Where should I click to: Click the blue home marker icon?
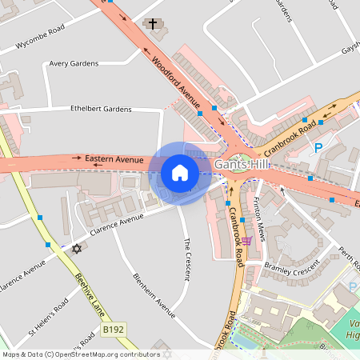click(x=180, y=173)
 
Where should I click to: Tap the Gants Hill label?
click(x=243, y=164)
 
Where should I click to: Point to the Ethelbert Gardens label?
click(x=100, y=109)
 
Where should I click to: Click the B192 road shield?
click(x=114, y=329)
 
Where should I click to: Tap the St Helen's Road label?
click(x=50, y=318)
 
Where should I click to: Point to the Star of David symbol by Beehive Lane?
click(x=77, y=249)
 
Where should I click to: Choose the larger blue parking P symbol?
click(x=318, y=147)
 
